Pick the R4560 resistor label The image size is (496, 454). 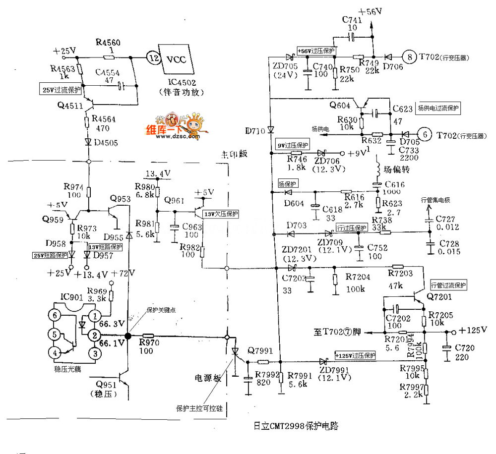(108, 42)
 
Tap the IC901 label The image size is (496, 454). (71, 297)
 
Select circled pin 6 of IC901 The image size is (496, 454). (56, 315)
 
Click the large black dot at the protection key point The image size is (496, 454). (127, 336)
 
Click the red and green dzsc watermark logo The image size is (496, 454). (171, 127)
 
